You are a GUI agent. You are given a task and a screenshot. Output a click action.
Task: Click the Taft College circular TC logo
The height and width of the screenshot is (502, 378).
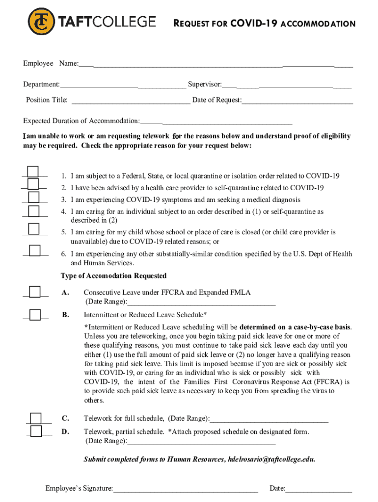(41, 22)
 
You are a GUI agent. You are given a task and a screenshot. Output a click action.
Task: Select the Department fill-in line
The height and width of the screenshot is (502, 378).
(123, 86)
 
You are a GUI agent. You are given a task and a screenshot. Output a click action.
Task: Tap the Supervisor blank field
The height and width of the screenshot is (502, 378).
(287, 86)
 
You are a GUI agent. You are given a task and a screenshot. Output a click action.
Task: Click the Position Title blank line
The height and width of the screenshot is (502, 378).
(131, 101)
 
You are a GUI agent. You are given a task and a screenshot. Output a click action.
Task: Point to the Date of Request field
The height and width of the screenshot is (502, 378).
(297, 101)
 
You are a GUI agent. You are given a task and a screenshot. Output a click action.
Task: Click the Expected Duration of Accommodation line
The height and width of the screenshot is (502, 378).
(216, 122)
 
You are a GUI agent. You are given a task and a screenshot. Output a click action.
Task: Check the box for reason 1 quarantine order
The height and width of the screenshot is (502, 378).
(33, 172)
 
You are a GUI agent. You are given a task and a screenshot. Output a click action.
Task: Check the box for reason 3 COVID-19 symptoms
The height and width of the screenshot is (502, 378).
(33, 197)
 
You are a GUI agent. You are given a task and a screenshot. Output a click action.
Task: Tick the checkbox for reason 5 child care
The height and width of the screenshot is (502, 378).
(33, 229)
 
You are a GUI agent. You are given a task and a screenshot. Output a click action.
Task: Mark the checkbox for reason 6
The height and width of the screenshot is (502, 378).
(34, 251)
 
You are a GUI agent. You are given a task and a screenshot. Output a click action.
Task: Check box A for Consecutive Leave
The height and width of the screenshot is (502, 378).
(34, 292)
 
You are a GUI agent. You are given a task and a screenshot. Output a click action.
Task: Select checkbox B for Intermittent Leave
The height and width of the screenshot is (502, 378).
(35, 315)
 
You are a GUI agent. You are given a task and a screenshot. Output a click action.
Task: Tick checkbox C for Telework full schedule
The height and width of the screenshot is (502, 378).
(36, 418)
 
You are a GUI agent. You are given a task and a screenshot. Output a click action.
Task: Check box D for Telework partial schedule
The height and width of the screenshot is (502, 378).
(36, 431)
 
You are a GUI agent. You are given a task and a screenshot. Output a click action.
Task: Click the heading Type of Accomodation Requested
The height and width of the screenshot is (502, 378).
(113, 276)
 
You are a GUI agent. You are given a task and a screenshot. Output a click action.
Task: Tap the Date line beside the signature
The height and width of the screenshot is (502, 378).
(319, 489)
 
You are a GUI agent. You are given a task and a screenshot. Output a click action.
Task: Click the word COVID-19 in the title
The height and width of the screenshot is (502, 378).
(254, 24)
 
